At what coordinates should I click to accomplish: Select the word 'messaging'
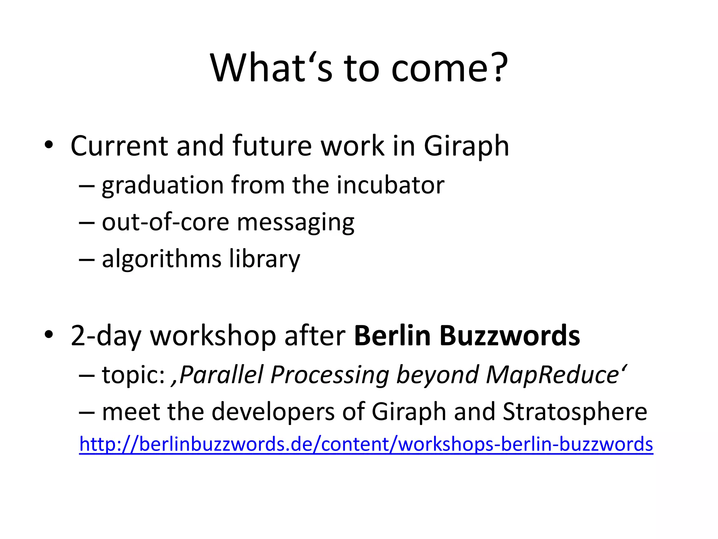tap(296, 223)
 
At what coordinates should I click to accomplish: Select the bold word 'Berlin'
tap(392, 335)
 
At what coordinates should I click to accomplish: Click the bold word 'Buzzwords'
tap(509, 335)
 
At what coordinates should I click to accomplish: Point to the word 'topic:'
tap(133, 375)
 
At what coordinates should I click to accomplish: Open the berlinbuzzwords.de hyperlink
tap(366, 444)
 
